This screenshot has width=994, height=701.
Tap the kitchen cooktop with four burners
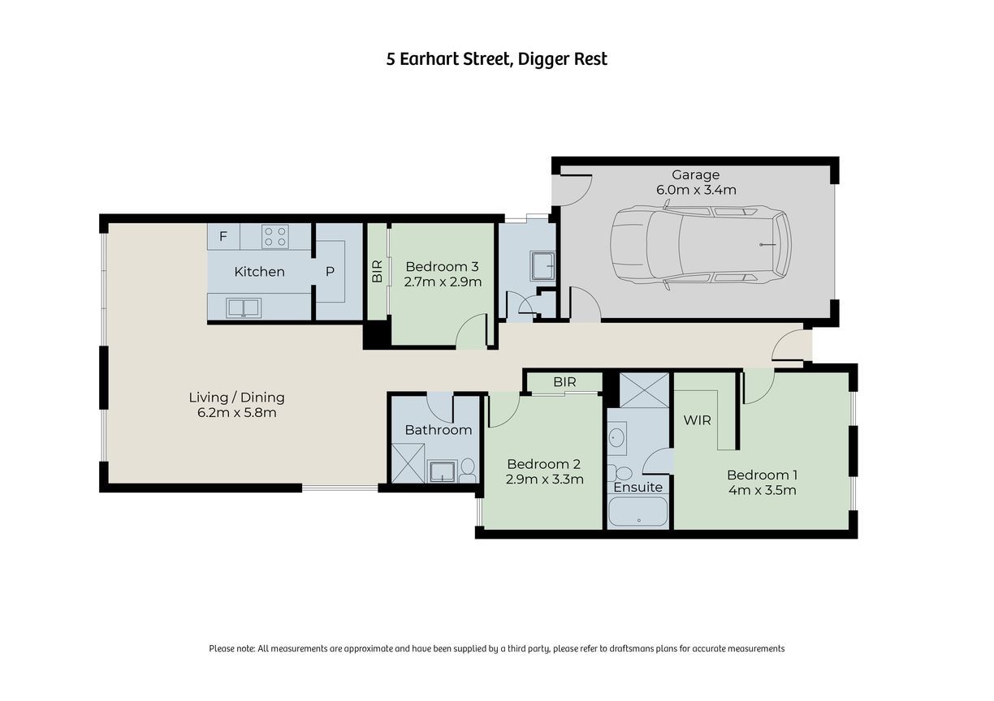[x=275, y=236]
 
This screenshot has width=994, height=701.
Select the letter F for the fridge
[x=223, y=236]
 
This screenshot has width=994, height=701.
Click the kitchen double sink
[x=244, y=307]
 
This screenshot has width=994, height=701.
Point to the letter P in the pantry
[x=330, y=271]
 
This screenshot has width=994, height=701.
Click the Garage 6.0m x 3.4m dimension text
[x=696, y=190]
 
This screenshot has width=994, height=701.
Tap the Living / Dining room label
[x=236, y=398]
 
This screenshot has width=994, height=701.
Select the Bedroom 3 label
[x=442, y=266]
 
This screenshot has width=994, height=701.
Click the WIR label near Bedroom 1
[x=697, y=420]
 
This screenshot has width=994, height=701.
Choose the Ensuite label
[x=637, y=487]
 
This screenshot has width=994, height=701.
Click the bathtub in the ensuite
[x=637, y=511]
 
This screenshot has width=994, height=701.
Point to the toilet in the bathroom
[x=467, y=471]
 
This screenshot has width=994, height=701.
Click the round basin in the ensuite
[x=617, y=438]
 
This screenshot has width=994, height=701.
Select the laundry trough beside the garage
[x=542, y=266]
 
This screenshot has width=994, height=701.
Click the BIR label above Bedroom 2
[x=564, y=382]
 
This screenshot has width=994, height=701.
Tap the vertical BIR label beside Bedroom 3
[x=377, y=271]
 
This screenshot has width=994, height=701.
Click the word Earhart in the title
[x=430, y=59]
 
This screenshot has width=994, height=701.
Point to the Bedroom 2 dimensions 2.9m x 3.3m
[x=544, y=480]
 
